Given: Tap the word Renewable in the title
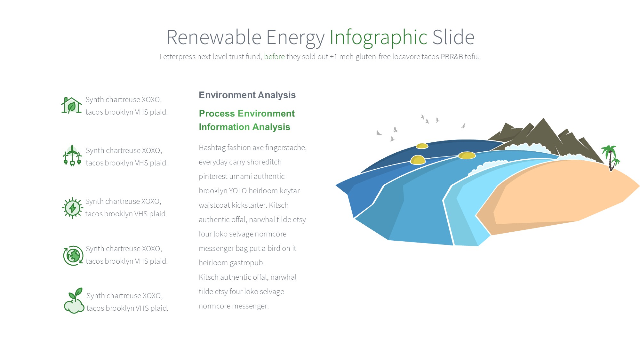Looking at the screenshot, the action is [214, 37].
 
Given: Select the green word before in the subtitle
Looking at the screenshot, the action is [274, 57].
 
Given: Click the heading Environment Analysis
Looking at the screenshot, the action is [247, 95].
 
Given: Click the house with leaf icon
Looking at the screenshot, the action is [71, 105].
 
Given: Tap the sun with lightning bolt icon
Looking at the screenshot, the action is [73, 208].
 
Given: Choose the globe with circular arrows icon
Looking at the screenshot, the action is [73, 255].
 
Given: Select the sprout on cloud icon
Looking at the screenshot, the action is [74, 301].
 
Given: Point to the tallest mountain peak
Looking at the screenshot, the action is [543, 119].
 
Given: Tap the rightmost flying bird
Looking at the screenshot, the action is [463, 126].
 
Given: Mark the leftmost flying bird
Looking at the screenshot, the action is [379, 133].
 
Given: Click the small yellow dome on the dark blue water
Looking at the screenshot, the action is [422, 146].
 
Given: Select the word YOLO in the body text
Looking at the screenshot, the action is [238, 191].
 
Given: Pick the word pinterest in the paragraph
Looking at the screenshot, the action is [213, 176].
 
